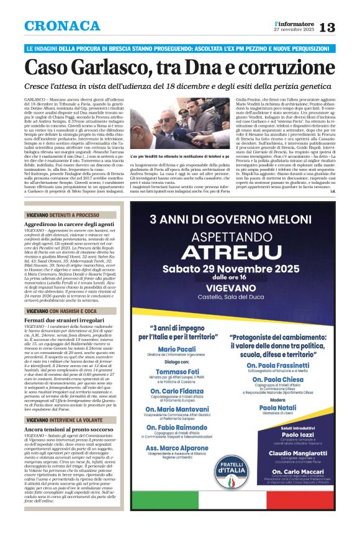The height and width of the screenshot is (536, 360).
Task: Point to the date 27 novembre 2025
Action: coord(295,30)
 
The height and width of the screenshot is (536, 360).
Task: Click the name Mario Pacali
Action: coord(184,350)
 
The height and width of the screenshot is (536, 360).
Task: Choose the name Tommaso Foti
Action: coord(184,373)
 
